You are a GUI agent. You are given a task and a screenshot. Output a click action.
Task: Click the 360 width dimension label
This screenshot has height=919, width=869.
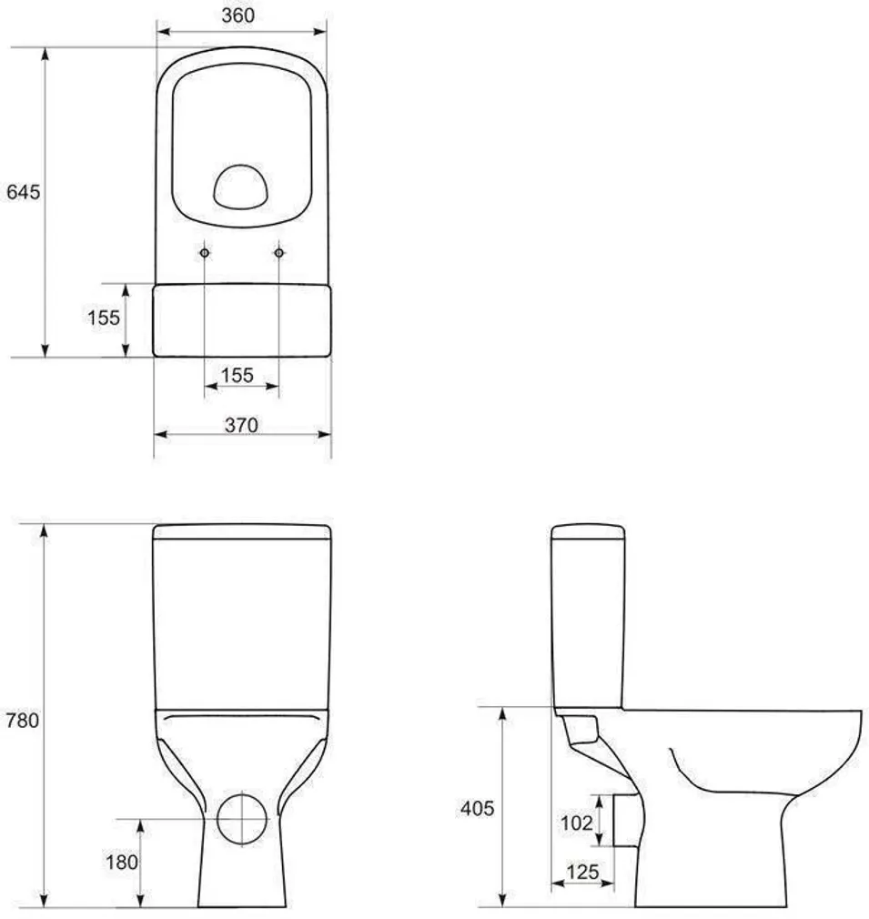tap(238, 15)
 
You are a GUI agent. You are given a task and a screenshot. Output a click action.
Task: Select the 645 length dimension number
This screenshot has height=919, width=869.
tap(23, 193)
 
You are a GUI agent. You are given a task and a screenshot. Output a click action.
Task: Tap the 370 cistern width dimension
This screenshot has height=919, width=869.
tap(241, 425)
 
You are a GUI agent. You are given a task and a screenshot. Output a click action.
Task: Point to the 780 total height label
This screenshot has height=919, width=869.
tap(23, 721)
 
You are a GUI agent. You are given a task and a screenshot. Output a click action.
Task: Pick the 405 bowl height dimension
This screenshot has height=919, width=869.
tap(477, 808)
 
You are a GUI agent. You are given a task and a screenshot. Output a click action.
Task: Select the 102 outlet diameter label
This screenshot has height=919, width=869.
tap(575, 822)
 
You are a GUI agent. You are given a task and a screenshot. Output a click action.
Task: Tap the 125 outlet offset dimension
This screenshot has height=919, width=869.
tap(582, 873)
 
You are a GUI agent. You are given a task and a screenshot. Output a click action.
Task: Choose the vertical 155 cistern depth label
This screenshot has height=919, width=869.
tap(104, 318)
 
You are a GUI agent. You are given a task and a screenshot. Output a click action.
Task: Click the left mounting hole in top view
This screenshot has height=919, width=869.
tap(205, 252)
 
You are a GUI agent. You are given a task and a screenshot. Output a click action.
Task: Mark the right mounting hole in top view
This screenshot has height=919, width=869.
tap(278, 252)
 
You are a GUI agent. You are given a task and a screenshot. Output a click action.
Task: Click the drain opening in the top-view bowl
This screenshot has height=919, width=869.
tap(242, 186)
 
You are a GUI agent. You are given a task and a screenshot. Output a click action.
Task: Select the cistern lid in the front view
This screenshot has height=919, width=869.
tap(241, 531)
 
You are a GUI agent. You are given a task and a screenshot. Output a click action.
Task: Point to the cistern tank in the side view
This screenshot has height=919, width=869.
tap(587, 619)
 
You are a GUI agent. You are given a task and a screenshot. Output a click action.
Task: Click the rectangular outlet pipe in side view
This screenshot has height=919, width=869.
tap(623, 820)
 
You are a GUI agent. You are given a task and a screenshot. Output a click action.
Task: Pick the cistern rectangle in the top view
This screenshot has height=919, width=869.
tap(241, 319)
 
